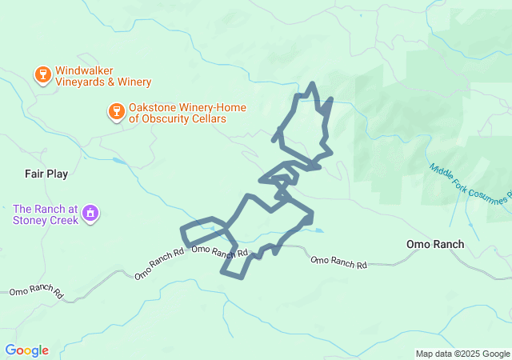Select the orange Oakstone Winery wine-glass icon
point(116,112)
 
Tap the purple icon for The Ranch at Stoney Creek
point(90,214)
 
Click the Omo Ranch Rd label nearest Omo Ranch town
point(338,262)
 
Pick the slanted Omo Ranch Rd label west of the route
point(160,264)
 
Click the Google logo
point(26,350)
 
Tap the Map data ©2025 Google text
point(462,354)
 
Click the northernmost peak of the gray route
point(312,83)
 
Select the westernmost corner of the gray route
point(183,230)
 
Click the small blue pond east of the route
point(318,231)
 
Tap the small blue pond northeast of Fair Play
point(119,161)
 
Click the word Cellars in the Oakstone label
point(207,119)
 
